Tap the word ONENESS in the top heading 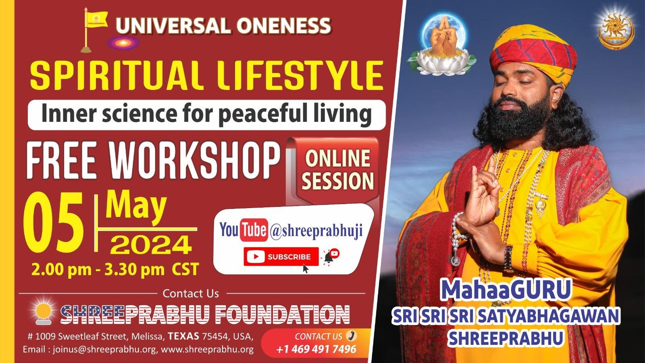point(283,26)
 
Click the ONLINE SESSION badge point(338,170)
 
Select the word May point(136,207)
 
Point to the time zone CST point(185,269)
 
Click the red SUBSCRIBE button point(281,257)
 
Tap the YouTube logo point(243,229)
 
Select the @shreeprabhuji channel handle point(316,230)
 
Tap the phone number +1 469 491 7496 point(316,349)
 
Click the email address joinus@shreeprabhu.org point(104,349)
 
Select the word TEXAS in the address point(183,336)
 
